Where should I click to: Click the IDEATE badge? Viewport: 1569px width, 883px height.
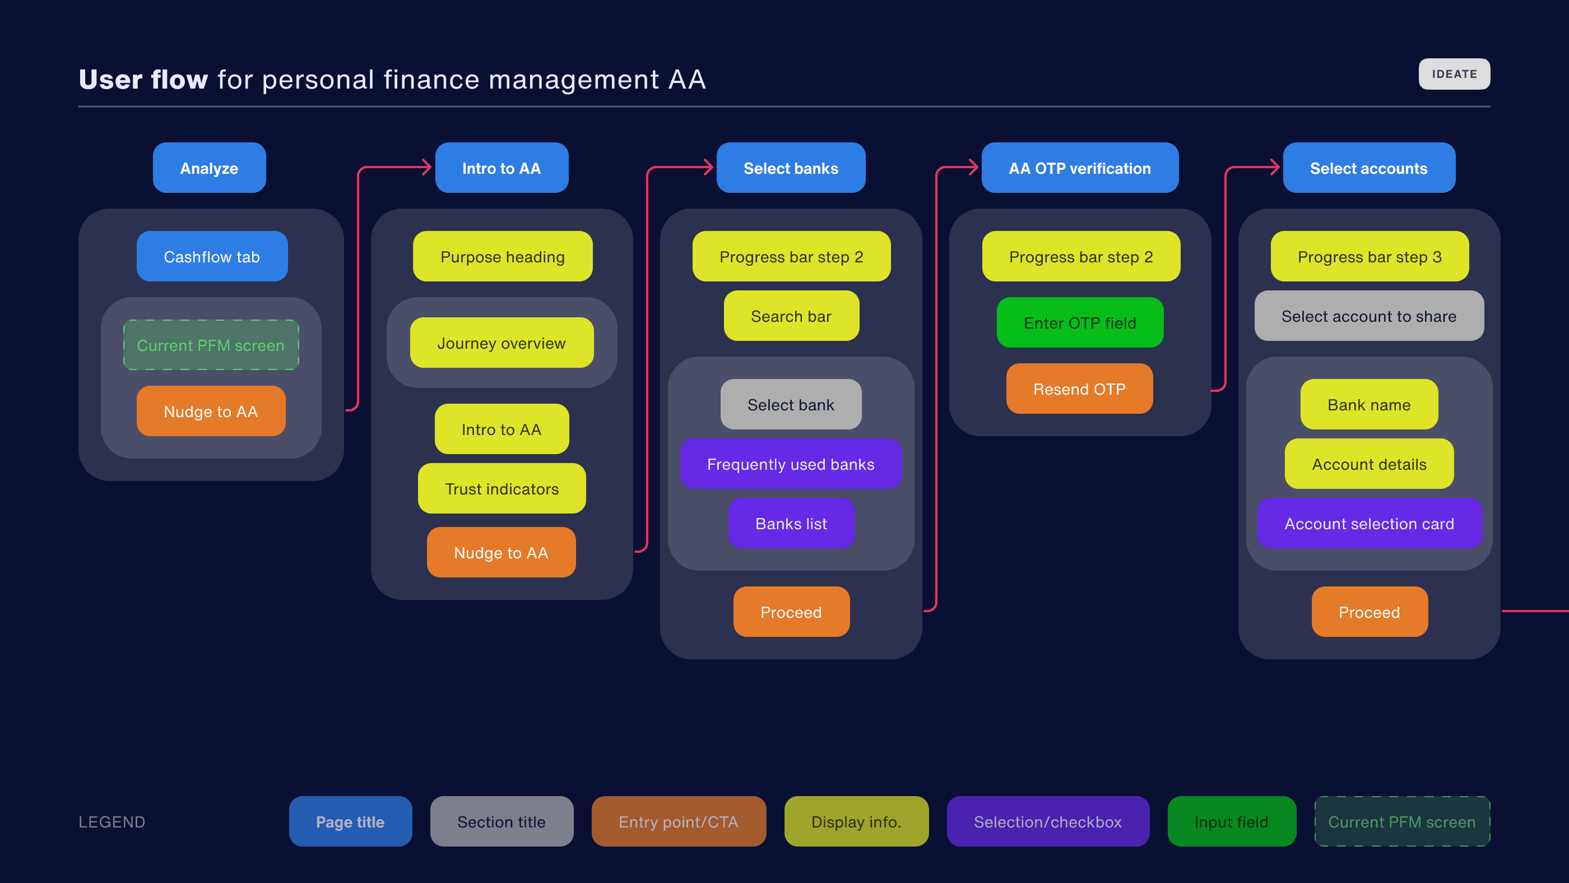pyautogui.click(x=1454, y=74)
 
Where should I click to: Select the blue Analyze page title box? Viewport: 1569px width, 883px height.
pyautogui.click(x=209, y=168)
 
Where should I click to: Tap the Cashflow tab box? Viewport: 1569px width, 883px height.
pyautogui.click(x=212, y=257)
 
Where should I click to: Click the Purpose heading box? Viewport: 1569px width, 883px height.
pyautogui.click(x=503, y=257)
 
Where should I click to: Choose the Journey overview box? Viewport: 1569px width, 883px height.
pyautogui.click(x=502, y=343)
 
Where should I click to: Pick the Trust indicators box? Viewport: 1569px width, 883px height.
pyautogui.click(x=502, y=489)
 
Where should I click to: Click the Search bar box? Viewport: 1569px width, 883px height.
pyautogui.click(x=791, y=316)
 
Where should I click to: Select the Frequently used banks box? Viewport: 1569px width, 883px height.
pyautogui.click(x=791, y=464)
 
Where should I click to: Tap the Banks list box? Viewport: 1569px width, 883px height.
pyautogui.click(x=791, y=524)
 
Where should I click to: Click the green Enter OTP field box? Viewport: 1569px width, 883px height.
pyautogui.click(x=1079, y=323)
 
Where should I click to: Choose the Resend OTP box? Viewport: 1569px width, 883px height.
pyautogui.click(x=1079, y=389)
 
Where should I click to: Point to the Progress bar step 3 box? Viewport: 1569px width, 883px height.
pyautogui.click(x=1369, y=257)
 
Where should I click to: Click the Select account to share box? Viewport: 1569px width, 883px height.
pyautogui.click(x=1368, y=316)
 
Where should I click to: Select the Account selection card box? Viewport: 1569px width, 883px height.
pyautogui.click(x=1369, y=524)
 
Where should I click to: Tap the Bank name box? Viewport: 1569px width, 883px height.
pyautogui.click(x=1368, y=405)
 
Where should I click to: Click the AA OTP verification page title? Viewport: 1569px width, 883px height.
pyautogui.click(x=1079, y=168)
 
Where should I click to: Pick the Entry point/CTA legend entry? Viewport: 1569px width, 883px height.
pyautogui.click(x=679, y=821)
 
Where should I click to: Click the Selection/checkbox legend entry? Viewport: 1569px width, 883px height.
pyautogui.click(x=1048, y=821)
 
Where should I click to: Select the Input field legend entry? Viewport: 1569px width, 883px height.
pyautogui.click(x=1231, y=821)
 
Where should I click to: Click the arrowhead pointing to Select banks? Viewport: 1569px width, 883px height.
pyautogui.click(x=708, y=167)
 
